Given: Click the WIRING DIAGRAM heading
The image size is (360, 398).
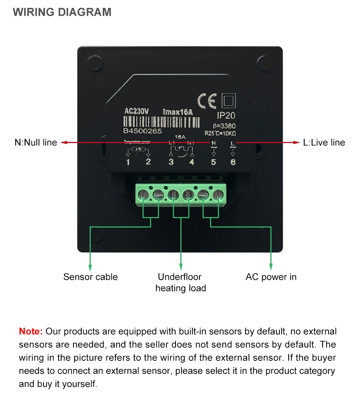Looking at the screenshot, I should [x=62, y=12].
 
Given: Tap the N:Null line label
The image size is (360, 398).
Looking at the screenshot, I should [x=36, y=142].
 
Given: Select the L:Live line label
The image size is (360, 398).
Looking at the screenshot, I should [x=324, y=142].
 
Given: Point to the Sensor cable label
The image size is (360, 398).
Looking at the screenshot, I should [x=90, y=277].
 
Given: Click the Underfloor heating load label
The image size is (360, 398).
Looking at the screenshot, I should [x=181, y=282].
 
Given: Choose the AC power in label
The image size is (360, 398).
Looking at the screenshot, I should [x=271, y=277].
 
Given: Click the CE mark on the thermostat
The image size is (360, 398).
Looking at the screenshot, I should [x=207, y=101].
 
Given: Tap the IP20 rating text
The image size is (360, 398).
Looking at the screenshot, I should [x=226, y=116].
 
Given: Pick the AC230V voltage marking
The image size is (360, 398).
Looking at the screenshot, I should [x=137, y=112].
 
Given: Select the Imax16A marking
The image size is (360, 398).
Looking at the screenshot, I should [x=178, y=112].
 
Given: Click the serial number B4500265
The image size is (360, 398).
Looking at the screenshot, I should [x=142, y=131].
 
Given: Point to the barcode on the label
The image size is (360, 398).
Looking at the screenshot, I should [x=162, y=121].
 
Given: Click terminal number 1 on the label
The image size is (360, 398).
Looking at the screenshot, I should [x=128, y=162].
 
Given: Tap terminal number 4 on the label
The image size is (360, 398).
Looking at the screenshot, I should [x=192, y=162].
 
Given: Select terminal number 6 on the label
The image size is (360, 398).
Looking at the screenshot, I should [x=233, y=162].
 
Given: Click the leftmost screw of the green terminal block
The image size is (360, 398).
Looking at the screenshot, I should [x=143, y=194].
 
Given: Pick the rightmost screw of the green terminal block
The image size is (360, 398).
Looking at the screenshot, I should [x=218, y=194].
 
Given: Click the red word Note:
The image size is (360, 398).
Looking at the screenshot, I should [x=31, y=331].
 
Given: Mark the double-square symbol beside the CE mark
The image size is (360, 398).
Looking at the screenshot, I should [x=228, y=100].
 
